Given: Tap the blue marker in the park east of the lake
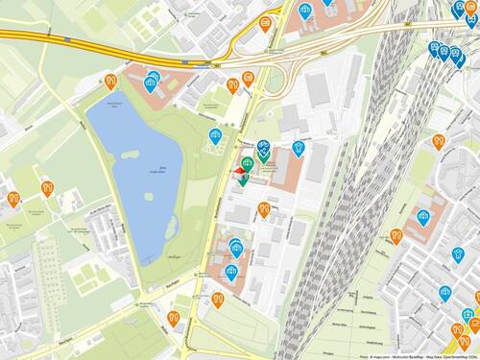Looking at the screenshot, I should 214,136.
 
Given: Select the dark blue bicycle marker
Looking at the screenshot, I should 263,145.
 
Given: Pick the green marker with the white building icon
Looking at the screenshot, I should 248,163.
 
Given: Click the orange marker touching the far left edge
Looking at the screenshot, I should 12,199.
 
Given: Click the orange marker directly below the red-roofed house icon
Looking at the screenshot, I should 263,208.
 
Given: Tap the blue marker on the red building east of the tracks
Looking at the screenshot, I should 423,218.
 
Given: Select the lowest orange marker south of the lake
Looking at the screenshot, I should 173,318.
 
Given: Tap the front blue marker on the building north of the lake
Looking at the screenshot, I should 151,84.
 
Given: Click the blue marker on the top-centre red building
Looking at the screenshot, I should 306,12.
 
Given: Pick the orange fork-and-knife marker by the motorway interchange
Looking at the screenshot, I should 232,85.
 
